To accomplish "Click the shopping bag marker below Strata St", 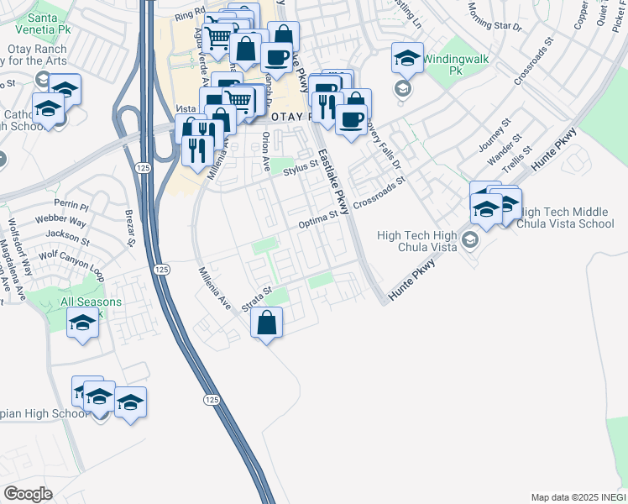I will (x=266, y=323).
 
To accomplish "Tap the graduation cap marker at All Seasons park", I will (x=82, y=323).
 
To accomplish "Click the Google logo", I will (x=28, y=494).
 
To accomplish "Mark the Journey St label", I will (x=495, y=133).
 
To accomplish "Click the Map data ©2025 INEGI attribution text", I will (x=578, y=497).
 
